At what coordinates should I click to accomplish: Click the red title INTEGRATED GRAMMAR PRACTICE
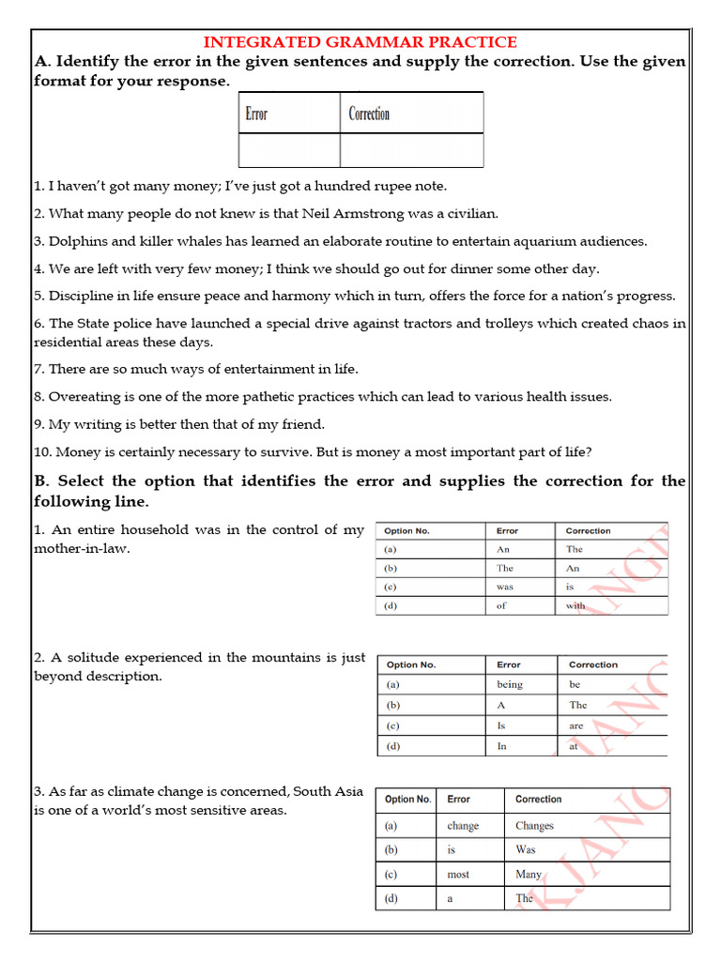point(360,41)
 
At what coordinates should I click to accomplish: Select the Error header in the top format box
point(256,114)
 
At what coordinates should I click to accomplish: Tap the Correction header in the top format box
point(369,114)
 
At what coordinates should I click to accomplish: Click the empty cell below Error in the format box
point(288,150)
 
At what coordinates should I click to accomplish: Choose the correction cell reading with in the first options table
point(575,606)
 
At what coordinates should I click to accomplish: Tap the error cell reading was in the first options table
point(505,587)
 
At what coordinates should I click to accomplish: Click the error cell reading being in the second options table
point(510,684)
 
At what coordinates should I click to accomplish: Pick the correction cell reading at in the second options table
point(574,747)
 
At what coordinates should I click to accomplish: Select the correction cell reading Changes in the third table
point(534,826)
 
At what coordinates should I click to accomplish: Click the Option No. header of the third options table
point(407,800)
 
